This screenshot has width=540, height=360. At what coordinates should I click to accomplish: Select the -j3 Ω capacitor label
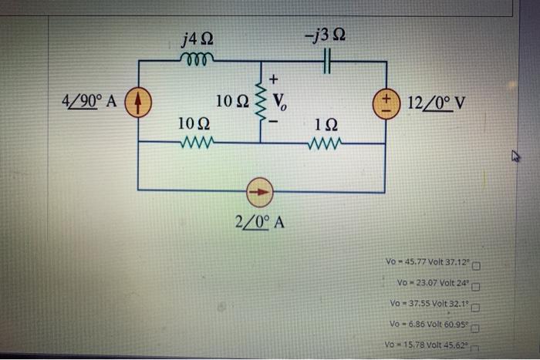[x=325, y=35]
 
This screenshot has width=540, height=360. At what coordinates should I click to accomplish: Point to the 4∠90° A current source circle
[x=139, y=101]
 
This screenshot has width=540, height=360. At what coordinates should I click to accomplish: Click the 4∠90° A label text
[x=90, y=101]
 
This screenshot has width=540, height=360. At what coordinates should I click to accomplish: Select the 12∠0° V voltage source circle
[x=383, y=102]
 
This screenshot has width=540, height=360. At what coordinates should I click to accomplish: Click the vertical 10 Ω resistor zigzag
[x=260, y=102]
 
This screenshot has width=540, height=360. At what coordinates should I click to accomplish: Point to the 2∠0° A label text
[x=260, y=222]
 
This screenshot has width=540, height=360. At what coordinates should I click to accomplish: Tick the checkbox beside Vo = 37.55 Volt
[x=476, y=308]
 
